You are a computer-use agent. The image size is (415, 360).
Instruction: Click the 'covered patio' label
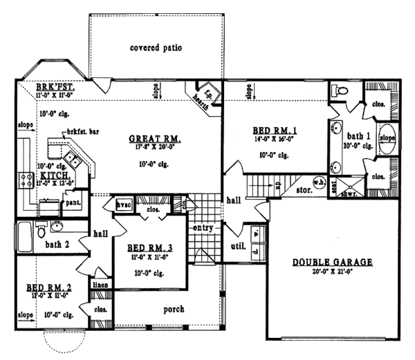pos(156,48)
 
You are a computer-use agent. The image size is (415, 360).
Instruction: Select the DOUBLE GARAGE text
pos(332,262)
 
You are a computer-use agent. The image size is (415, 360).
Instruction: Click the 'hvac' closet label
pos(123,205)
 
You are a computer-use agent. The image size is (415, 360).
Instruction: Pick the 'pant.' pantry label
pos(71,204)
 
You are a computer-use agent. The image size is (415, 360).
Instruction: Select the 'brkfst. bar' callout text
pos(82,131)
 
